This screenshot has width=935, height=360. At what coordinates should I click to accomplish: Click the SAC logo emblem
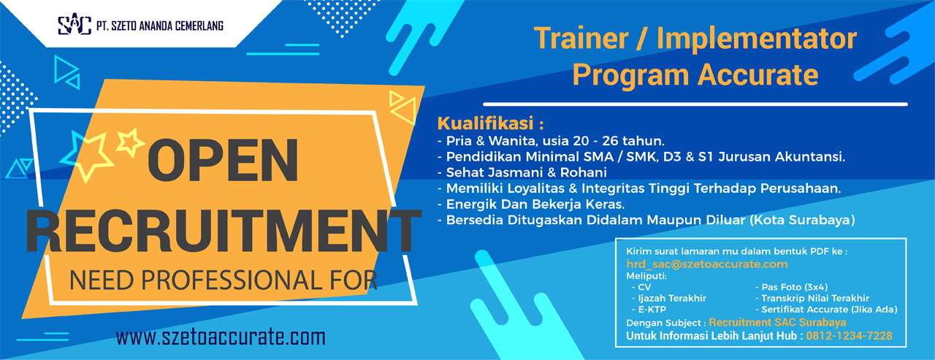(74, 26)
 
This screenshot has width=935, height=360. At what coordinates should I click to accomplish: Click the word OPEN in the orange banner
(224, 161)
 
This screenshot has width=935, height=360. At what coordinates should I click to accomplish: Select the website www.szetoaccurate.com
(220, 337)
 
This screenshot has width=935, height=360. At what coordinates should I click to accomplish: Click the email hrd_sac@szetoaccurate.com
(707, 264)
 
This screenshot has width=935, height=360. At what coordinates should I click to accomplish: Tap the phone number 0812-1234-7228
(849, 336)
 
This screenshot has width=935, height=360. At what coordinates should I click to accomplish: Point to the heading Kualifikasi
(490, 121)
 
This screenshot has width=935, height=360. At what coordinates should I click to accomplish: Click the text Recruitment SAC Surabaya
(777, 322)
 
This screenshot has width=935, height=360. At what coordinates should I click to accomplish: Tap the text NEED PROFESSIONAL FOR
(223, 278)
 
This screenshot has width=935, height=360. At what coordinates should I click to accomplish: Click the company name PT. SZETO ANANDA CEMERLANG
(160, 26)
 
